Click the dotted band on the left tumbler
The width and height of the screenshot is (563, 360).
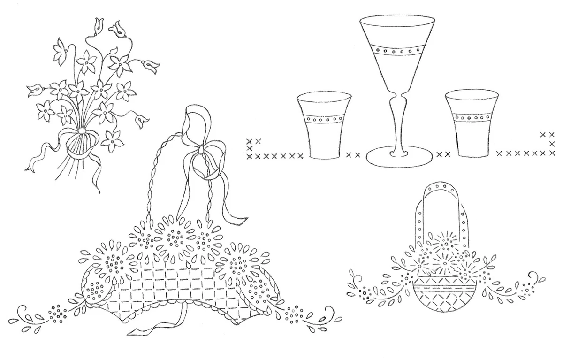point(325,119)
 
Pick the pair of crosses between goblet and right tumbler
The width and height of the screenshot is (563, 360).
point(443,153)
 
